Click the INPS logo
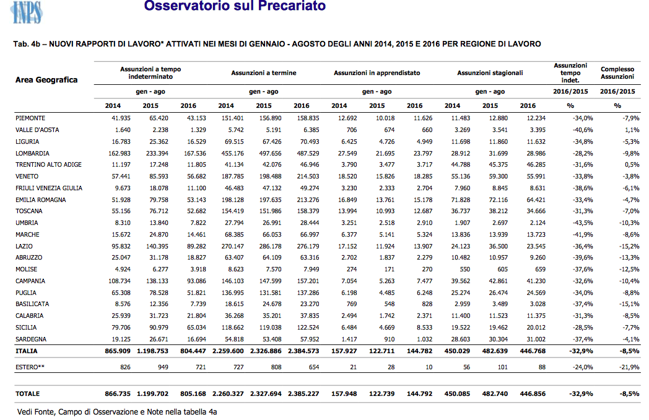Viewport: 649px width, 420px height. click(27, 12)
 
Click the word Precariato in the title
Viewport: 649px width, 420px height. click(292, 6)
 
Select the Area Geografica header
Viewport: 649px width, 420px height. click(46, 80)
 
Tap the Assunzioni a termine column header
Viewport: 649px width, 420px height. click(264, 73)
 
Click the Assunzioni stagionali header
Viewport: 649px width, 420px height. click(490, 73)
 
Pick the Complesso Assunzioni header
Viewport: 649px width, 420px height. click(617, 73)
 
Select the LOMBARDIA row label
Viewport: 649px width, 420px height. click(32, 153)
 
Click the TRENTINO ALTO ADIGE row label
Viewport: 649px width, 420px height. click(48, 164)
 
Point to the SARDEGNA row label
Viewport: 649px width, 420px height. click(31, 339)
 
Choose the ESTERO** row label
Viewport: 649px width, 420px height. click(30, 367)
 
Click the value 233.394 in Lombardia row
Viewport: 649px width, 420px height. click(157, 153)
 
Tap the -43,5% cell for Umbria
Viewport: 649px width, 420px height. click(583, 223)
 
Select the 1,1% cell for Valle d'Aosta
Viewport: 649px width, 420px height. click(632, 130)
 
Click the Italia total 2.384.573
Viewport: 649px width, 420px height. click(303, 351)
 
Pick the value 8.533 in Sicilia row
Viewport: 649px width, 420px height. click(424, 327)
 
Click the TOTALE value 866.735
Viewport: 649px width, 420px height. click(118, 394)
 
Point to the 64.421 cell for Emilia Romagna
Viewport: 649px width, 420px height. click(536, 199)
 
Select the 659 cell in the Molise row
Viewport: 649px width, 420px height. click(540, 269)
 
